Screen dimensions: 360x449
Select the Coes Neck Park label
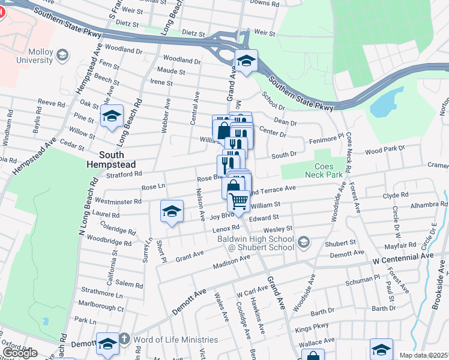click(x=328, y=170)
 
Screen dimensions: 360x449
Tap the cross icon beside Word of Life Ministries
click(x=124, y=339)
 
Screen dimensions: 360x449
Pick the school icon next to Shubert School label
click(x=304, y=242)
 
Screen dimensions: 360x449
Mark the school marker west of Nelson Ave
click(x=172, y=212)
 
